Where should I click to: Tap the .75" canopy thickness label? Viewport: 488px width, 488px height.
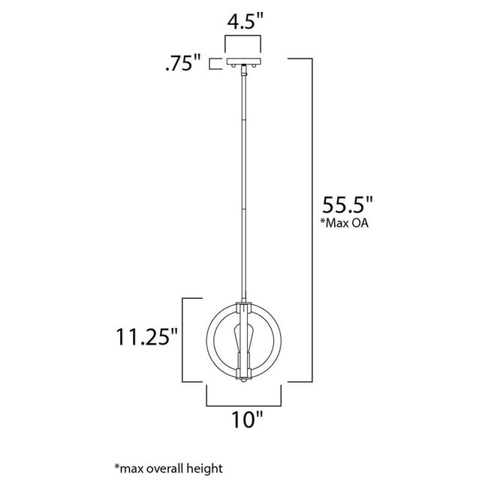click(x=183, y=65)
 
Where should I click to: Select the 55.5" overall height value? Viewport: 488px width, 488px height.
click(x=348, y=205)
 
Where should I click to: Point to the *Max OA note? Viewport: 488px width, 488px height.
click(x=347, y=224)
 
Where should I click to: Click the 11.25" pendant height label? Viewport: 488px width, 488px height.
click(x=146, y=336)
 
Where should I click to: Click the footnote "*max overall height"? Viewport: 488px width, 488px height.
click(x=169, y=468)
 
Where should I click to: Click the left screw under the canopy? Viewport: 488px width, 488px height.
click(x=233, y=68)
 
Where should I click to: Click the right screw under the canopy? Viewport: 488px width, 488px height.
click(x=255, y=68)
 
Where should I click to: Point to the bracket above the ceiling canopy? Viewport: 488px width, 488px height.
click(x=244, y=41)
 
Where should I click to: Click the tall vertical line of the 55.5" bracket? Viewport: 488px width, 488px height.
click(x=311, y=218)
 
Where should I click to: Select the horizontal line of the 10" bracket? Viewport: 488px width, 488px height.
click(x=244, y=402)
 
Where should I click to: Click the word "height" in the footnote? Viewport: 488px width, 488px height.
click(x=207, y=468)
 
